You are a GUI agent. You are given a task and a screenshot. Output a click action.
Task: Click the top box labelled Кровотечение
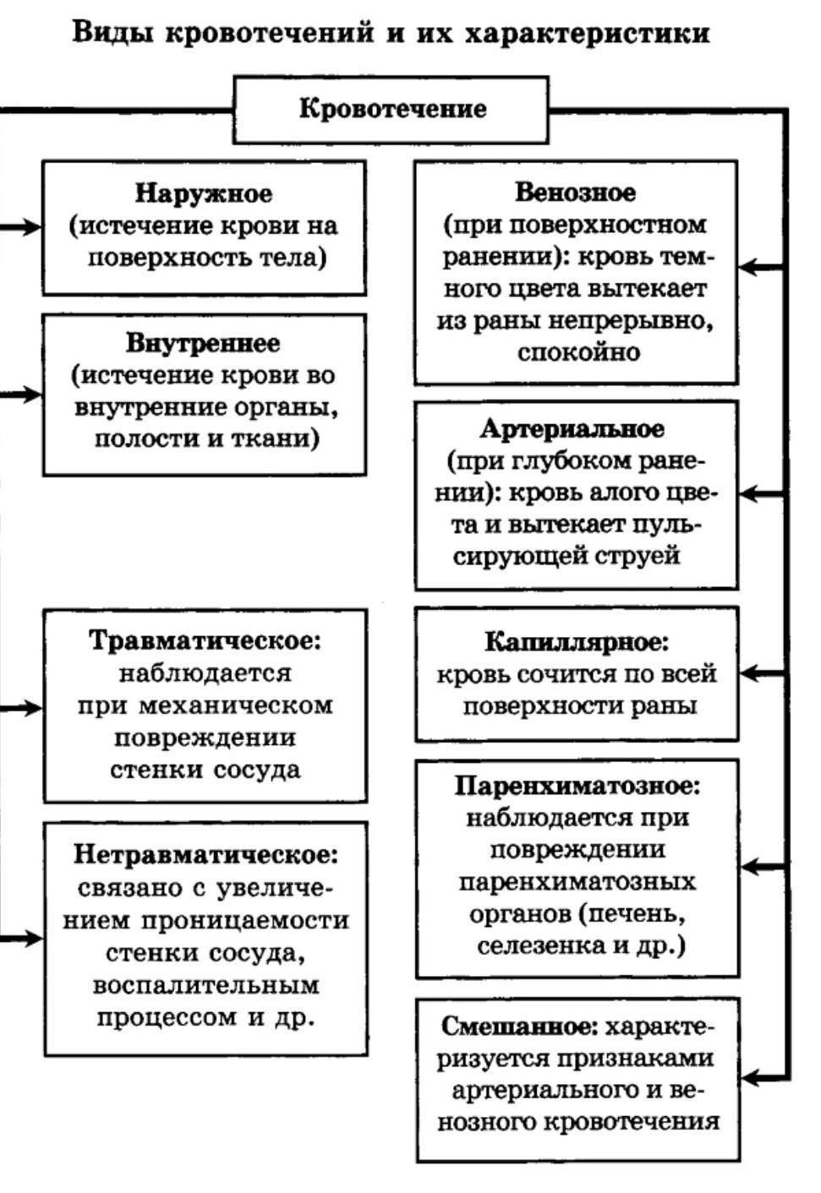[x=391, y=109]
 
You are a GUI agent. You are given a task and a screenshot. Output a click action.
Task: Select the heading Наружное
[x=204, y=193]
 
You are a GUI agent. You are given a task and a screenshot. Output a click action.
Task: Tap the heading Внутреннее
[x=203, y=343]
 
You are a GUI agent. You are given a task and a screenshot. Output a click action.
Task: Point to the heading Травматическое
[x=205, y=640]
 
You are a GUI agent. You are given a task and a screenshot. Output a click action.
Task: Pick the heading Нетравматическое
[x=205, y=855]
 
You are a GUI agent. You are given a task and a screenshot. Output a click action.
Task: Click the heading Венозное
[x=575, y=193]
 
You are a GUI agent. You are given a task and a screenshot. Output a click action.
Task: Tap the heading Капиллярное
[x=576, y=642]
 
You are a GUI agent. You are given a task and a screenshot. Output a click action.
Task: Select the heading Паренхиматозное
[x=577, y=786]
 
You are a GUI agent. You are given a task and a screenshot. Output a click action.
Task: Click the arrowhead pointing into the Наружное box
[x=32, y=226]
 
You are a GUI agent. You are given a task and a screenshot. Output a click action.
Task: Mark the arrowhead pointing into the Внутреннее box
[x=32, y=394]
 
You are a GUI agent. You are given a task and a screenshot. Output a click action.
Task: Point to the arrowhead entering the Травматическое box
[x=32, y=707]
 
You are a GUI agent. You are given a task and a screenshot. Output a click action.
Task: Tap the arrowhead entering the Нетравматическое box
[x=32, y=938]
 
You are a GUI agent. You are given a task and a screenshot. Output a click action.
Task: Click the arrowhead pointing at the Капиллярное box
[x=749, y=673]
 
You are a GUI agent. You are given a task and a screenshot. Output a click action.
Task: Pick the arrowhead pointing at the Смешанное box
[x=751, y=1077]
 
